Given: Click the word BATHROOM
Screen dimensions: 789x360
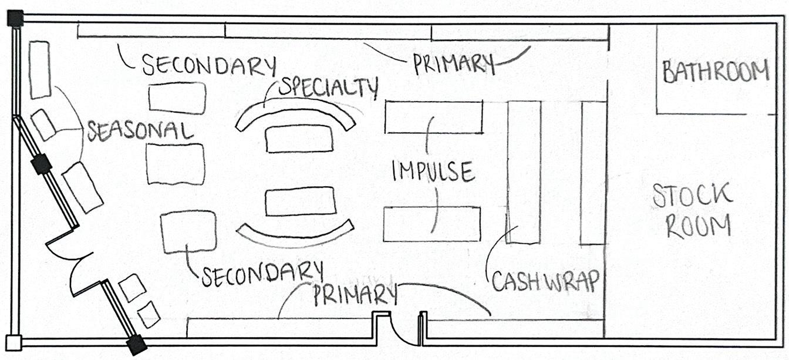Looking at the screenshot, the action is pyautogui.click(x=716, y=72).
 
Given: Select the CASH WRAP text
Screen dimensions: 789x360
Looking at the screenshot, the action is pyautogui.click(x=545, y=281).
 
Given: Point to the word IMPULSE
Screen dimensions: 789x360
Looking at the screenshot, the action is pyautogui.click(x=433, y=171).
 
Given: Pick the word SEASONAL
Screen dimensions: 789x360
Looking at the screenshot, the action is pyautogui.click(x=140, y=131).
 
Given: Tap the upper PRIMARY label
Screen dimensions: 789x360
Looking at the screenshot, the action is pyautogui.click(x=453, y=63).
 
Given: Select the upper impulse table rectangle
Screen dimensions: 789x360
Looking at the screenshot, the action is pyautogui.click(x=434, y=117).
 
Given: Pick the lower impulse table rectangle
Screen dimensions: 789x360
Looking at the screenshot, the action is pyautogui.click(x=432, y=224).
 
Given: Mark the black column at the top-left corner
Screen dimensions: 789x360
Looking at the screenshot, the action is pyautogui.click(x=15, y=19).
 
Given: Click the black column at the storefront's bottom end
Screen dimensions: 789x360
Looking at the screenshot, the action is pyautogui.click(x=137, y=345).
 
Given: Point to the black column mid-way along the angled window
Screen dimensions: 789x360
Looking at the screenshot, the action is pyautogui.click(x=41, y=164).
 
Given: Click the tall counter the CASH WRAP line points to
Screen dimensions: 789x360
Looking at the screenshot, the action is pyautogui.click(x=524, y=171).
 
